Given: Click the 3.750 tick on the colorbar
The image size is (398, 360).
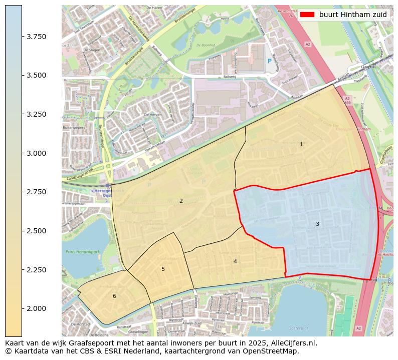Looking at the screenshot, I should pyautogui.click(x=36, y=37).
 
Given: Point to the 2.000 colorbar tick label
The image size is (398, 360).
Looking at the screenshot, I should pyautogui.click(x=36, y=308).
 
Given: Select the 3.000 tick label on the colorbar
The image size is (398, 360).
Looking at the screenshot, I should pyautogui.click(x=36, y=153).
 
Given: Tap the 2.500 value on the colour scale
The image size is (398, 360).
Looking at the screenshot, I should pyautogui.click(x=36, y=231).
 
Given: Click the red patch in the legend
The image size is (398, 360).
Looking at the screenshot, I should pyautogui.click(x=307, y=15).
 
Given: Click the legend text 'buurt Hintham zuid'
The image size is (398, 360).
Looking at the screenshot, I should pyautogui.click(x=353, y=15).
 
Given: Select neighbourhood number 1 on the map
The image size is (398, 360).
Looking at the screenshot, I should pyautogui.click(x=301, y=144).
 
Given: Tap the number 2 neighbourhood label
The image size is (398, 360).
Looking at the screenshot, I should pyautogui.click(x=181, y=201).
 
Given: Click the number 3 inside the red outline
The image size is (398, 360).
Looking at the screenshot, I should pyautogui.click(x=317, y=224).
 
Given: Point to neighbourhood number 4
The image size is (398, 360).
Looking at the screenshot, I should pyautogui.click(x=235, y=261).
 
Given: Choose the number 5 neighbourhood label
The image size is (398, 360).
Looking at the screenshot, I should pyautogui.click(x=163, y=269).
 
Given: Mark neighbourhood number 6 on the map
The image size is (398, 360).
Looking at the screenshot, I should pyautogui.click(x=114, y=296).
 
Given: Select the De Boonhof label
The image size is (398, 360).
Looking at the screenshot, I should pyautogui.click(x=206, y=45).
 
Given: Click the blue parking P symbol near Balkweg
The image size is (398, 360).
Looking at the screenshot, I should pyautogui.click(x=270, y=61).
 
